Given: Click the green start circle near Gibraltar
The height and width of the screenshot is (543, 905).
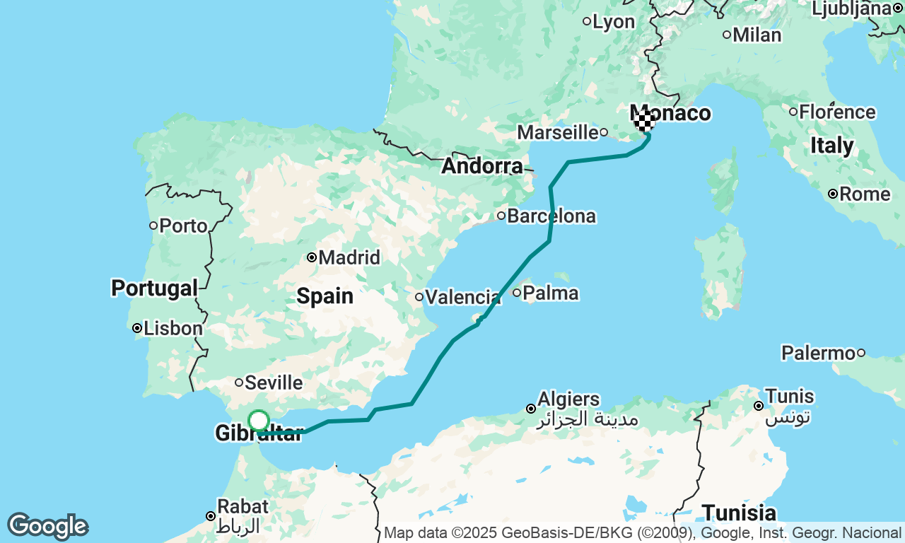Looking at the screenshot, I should click(x=259, y=421).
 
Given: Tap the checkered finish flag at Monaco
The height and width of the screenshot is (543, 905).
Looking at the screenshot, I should click(x=643, y=120).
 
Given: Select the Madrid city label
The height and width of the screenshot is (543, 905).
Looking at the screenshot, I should click(x=349, y=257).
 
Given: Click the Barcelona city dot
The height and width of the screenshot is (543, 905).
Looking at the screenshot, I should click(x=501, y=216).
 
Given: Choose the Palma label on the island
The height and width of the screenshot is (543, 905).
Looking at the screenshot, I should click(x=551, y=293).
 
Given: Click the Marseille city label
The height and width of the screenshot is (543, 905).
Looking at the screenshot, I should click(x=558, y=132).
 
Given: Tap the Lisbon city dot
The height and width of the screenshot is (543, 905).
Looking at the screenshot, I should click(x=137, y=328).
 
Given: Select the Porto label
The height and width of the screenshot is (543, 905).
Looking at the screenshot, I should click(x=183, y=226).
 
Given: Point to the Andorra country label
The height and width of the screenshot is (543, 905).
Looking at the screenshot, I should click(x=482, y=167).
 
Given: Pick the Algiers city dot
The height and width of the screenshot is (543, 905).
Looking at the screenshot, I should click(x=531, y=409).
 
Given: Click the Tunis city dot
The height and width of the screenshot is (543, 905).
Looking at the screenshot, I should click(x=759, y=406).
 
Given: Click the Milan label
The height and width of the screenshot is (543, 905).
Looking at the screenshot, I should click(x=757, y=35).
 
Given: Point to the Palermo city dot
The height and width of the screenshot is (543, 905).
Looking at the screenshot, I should click(x=861, y=353).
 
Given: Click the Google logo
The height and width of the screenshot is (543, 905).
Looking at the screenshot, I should click(x=48, y=527).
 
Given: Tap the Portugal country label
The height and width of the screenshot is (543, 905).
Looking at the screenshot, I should click(x=154, y=288).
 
